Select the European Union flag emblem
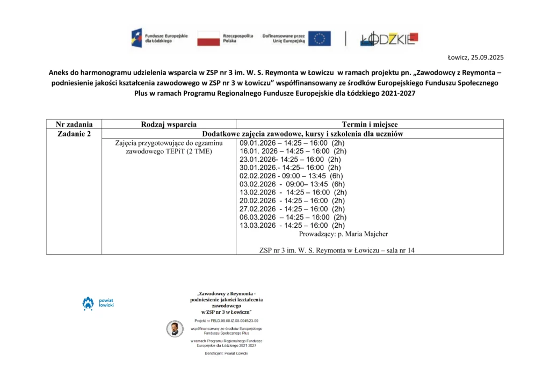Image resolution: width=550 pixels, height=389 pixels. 319,38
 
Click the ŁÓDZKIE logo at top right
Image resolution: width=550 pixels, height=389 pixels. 388,38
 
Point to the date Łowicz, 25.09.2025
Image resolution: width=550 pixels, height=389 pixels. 476,57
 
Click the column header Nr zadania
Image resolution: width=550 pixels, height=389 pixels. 74,124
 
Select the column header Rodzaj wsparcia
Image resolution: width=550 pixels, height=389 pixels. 169,124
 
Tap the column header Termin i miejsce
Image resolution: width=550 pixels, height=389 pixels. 370,124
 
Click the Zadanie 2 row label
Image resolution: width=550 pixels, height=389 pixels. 74,134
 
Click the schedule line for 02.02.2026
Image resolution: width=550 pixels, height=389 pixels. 291,176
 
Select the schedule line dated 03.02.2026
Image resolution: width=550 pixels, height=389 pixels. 292,184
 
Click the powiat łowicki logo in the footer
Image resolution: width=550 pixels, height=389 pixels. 93,303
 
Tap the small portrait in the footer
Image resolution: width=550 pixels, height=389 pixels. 174,329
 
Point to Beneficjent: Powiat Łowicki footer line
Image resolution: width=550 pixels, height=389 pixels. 226,354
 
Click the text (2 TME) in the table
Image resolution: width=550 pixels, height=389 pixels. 199,152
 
